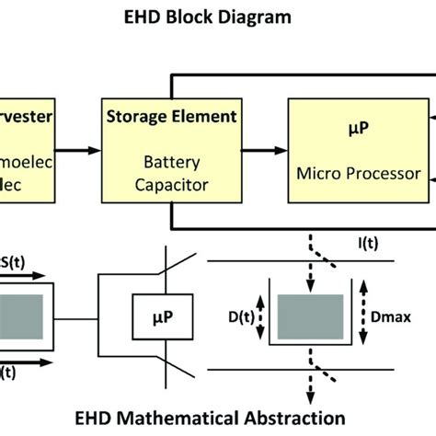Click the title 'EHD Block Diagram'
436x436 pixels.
(x=217, y=16)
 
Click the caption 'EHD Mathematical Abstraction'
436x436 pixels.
(x=217, y=416)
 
